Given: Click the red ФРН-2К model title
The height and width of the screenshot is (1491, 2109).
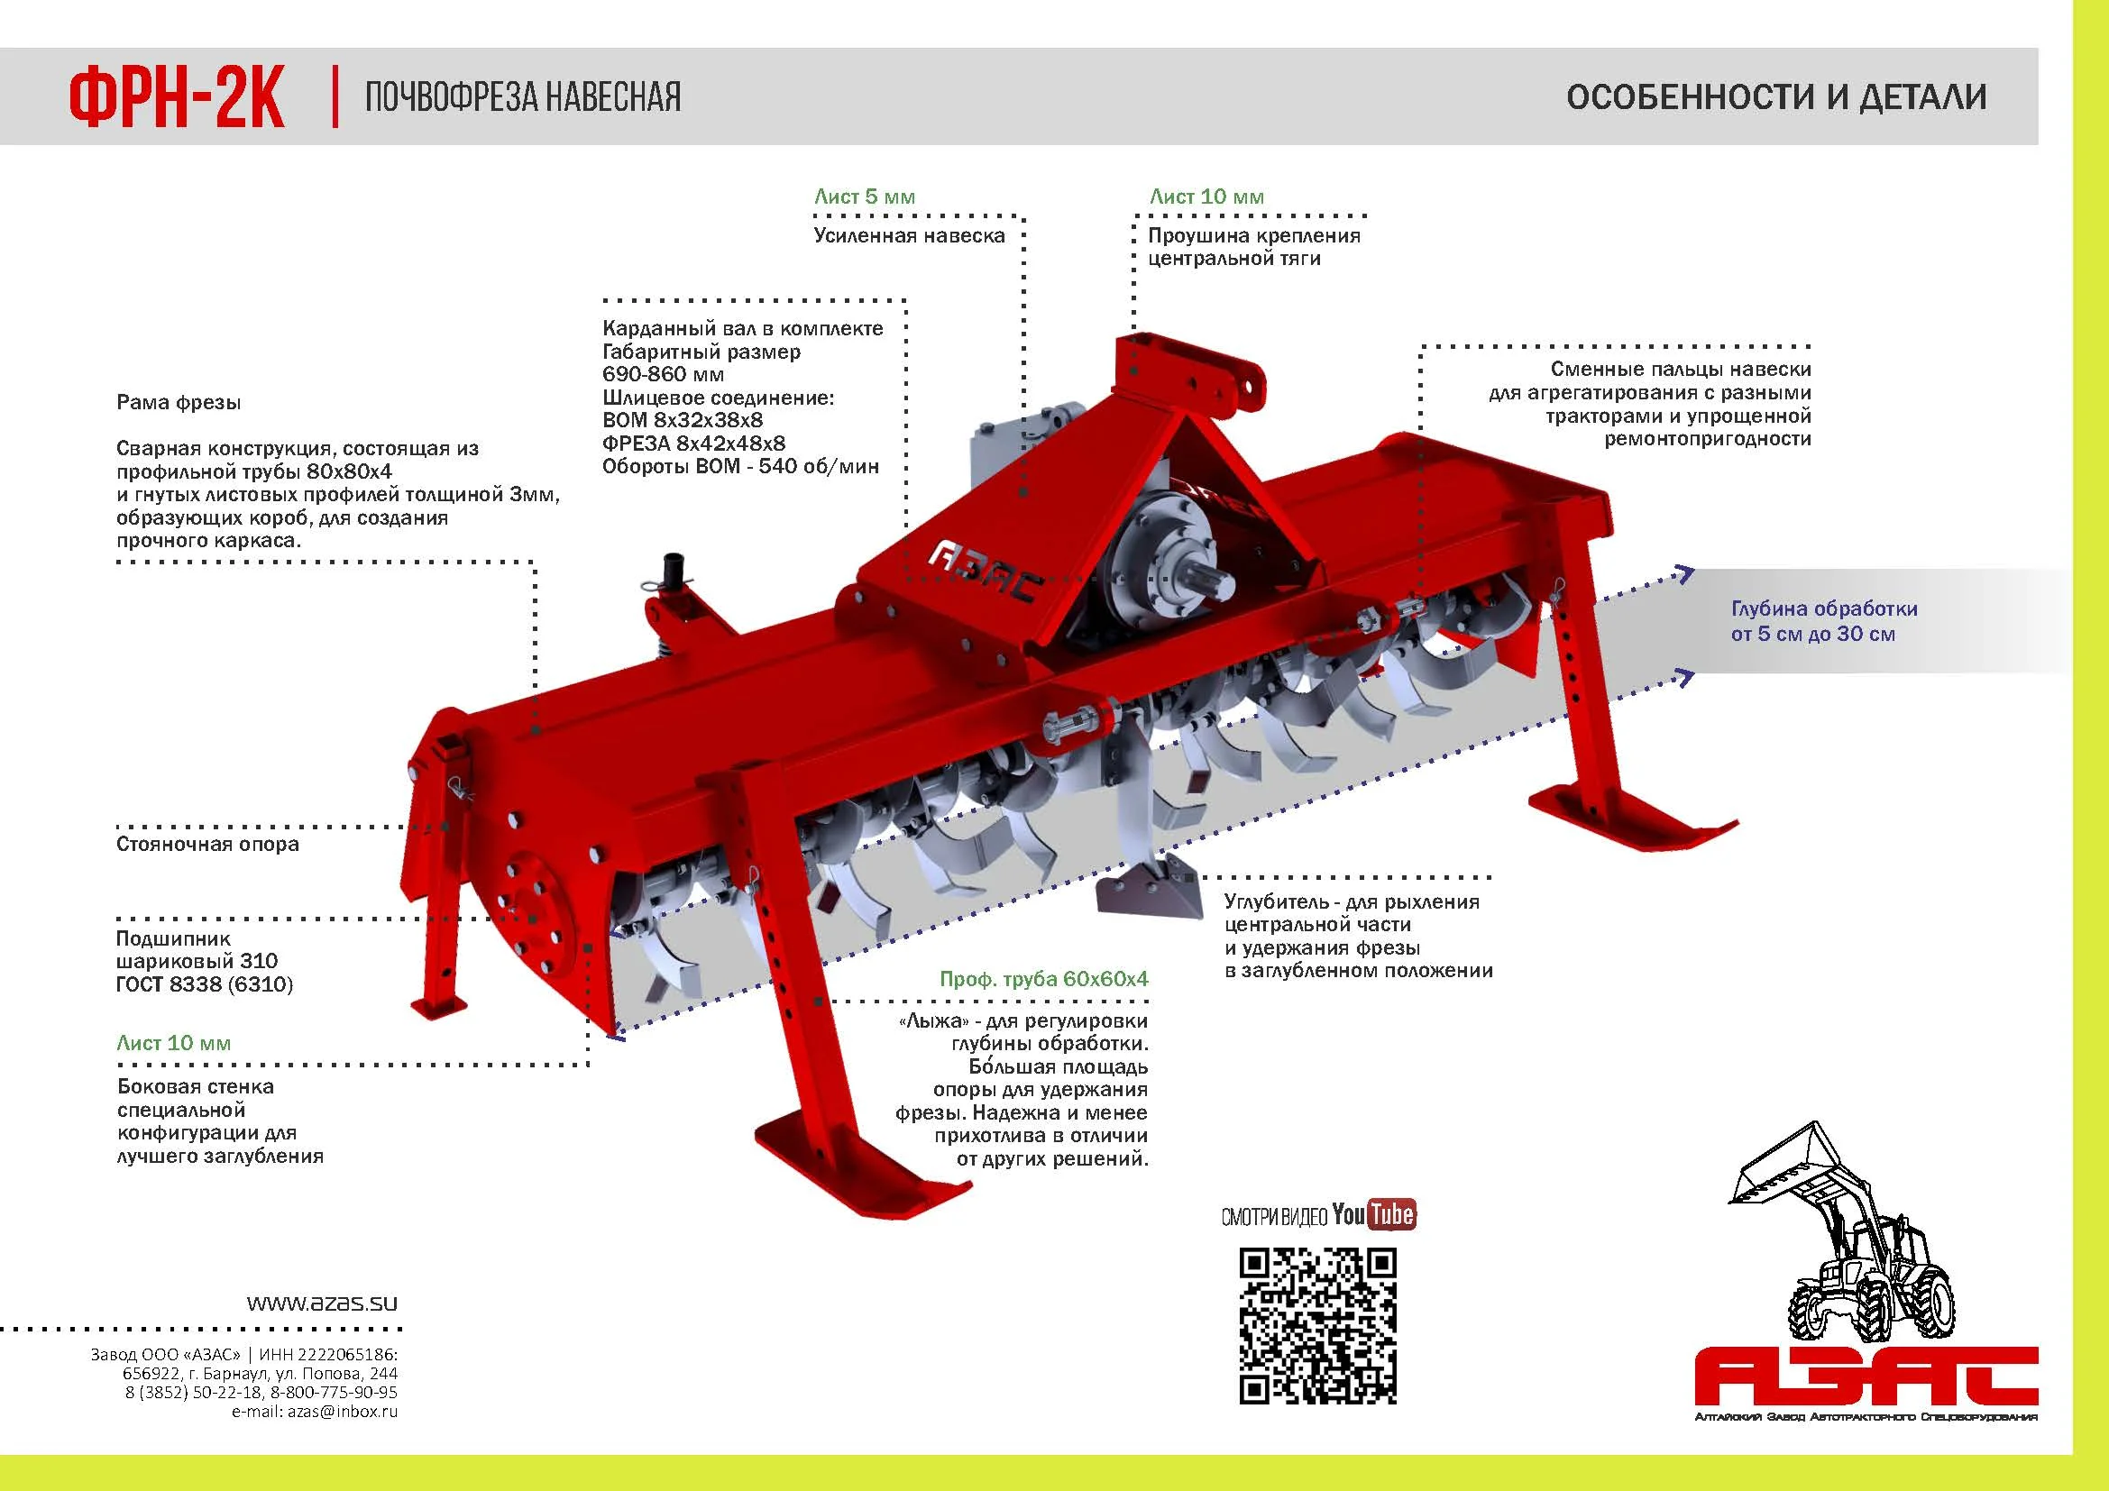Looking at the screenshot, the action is tap(177, 97).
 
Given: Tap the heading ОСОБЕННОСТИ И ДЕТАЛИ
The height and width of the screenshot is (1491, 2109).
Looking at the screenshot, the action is tap(1776, 96).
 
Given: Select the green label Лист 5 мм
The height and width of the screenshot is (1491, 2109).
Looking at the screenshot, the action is tap(865, 197).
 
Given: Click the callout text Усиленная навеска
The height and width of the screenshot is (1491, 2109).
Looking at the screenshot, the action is tap(910, 236).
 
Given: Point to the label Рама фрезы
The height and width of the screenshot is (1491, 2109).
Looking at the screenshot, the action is tap(179, 402).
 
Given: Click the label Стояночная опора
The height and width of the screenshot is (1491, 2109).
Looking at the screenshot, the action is tap(207, 844).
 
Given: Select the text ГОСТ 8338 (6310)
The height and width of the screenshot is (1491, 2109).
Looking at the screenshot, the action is tap(204, 984).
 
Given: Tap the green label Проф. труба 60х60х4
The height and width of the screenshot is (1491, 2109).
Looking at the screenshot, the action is tap(1043, 979).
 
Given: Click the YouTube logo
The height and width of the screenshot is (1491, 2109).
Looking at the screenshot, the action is tap(1373, 1214).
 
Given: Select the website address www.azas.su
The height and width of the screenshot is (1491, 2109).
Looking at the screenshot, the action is tap(323, 1303).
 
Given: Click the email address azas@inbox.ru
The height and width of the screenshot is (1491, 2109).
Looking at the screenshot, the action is tap(343, 1411).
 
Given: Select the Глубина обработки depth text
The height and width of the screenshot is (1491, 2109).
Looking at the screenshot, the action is tap(1823, 620).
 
